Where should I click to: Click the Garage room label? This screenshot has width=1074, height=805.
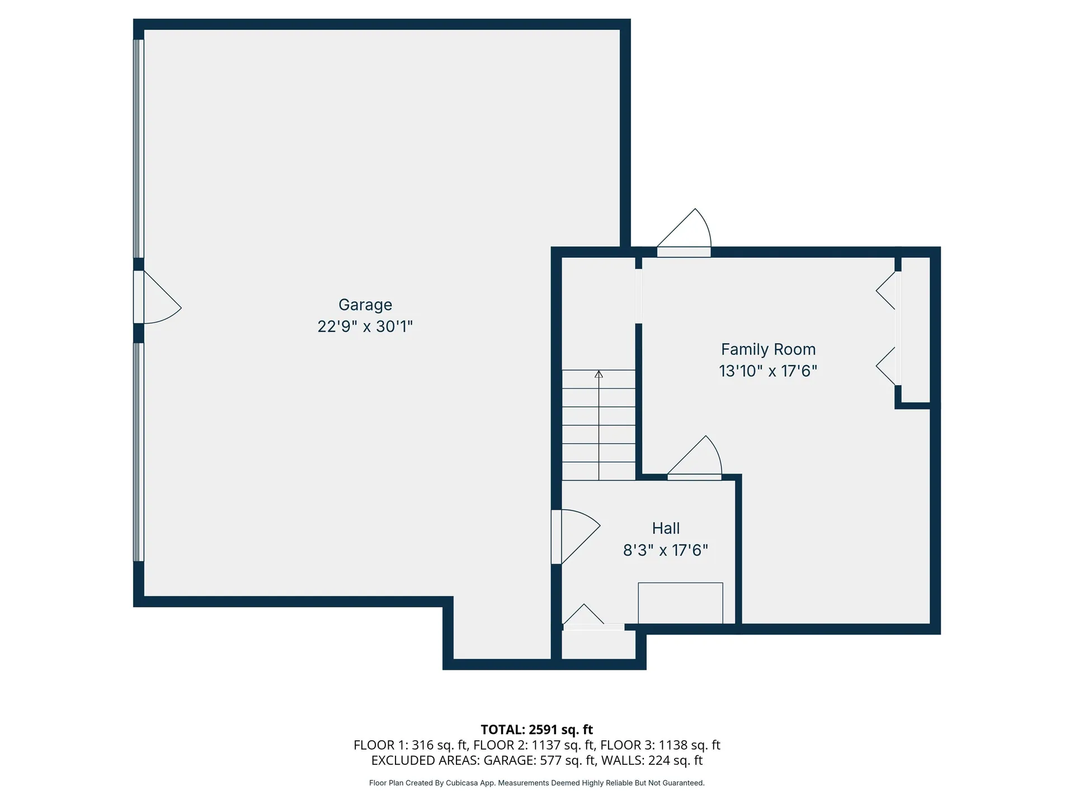click(x=365, y=305)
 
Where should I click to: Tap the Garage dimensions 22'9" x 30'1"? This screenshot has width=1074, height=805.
click(x=365, y=326)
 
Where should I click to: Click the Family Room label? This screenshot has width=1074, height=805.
click(x=768, y=349)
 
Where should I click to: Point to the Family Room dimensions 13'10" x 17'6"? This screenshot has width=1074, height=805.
click(x=768, y=371)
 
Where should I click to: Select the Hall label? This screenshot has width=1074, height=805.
click(x=666, y=528)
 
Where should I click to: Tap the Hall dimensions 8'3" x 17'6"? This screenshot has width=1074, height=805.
click(x=666, y=551)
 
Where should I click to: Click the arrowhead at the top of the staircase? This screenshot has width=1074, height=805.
click(x=599, y=374)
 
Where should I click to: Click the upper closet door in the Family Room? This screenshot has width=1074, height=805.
click(x=887, y=291)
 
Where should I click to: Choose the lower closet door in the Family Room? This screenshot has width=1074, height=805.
click(x=887, y=366)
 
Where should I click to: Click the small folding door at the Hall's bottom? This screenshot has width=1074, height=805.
click(x=585, y=618)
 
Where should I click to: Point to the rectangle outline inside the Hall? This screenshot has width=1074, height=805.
click(x=680, y=603)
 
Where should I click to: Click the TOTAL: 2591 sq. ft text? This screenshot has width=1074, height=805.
click(x=536, y=730)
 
